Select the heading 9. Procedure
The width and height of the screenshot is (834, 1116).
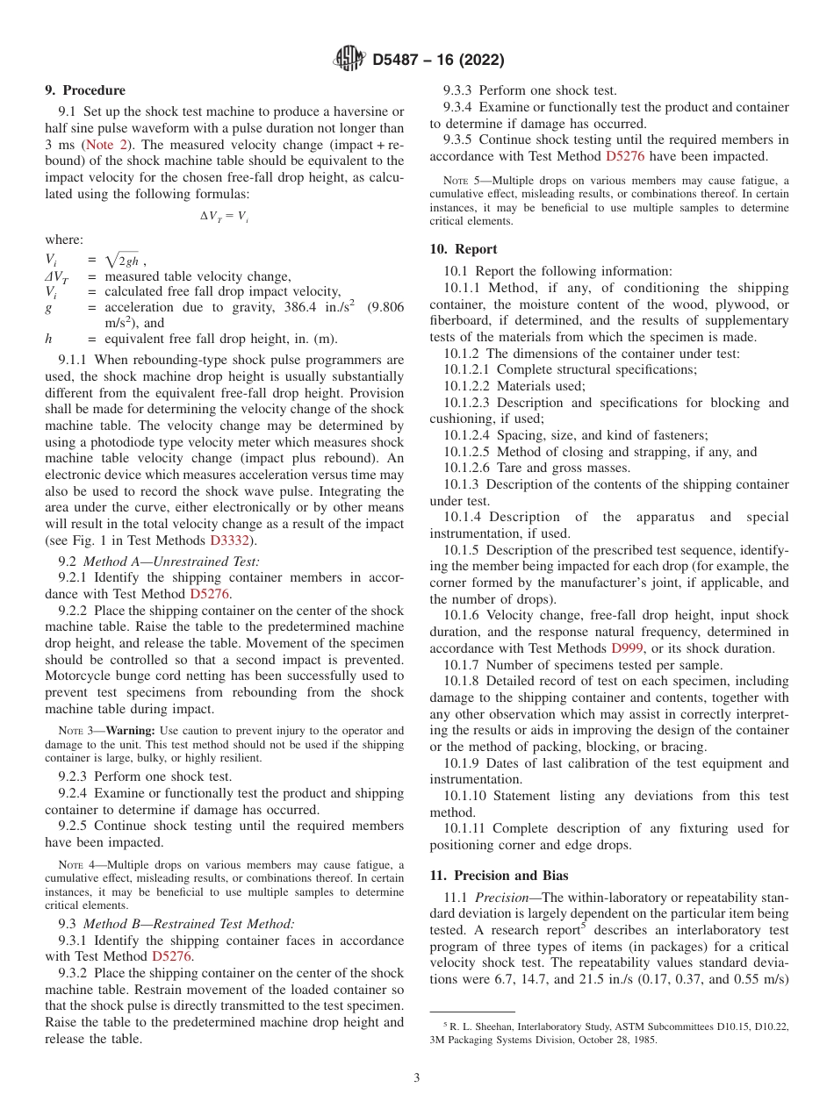(x=85, y=90)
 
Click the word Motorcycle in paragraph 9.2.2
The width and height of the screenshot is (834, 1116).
(x=79, y=676)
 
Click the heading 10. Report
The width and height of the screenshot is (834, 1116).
(x=464, y=249)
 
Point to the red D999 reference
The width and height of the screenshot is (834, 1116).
(x=629, y=648)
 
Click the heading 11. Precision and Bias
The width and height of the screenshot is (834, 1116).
(x=499, y=876)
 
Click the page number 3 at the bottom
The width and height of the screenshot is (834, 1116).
(x=416, y=1078)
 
